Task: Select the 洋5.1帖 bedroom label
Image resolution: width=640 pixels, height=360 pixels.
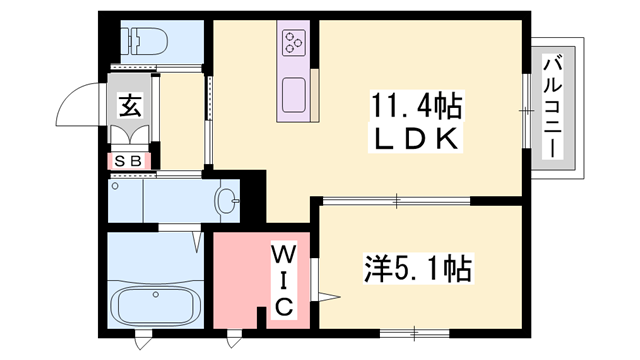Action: [x=416, y=269]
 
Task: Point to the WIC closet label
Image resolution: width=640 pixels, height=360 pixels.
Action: [x=282, y=279]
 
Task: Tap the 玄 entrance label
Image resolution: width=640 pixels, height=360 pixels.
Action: [x=130, y=103]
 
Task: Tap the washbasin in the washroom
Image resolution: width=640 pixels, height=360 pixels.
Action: [x=229, y=201]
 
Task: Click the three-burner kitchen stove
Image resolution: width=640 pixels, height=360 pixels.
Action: [x=294, y=42]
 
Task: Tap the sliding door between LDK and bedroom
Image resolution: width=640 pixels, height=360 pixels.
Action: [x=396, y=201]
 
